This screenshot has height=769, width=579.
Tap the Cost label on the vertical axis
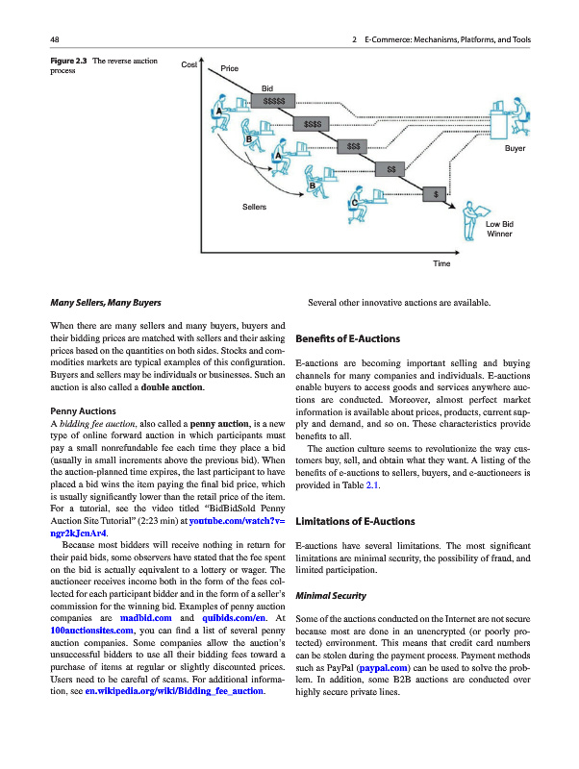[x=189, y=64]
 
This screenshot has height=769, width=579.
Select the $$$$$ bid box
[x=273, y=100]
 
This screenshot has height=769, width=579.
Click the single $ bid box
[x=437, y=194]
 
